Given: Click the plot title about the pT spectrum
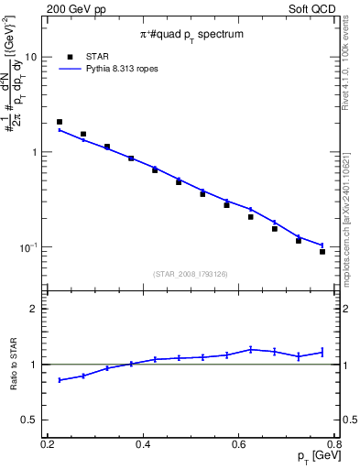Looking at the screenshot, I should coord(191,35).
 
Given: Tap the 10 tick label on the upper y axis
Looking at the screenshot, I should coord(30,57).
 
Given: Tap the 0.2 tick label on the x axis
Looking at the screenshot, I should coord(48,444).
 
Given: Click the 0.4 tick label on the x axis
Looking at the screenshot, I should coord(143,444).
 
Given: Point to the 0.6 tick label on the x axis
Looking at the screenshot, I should coord(239,444).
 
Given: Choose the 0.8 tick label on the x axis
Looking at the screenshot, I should coord(334,444).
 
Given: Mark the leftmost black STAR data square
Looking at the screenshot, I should coord(60,122).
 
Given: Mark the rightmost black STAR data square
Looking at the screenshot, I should coord(322,252).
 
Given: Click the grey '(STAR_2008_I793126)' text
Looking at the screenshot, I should coord(191,273).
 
